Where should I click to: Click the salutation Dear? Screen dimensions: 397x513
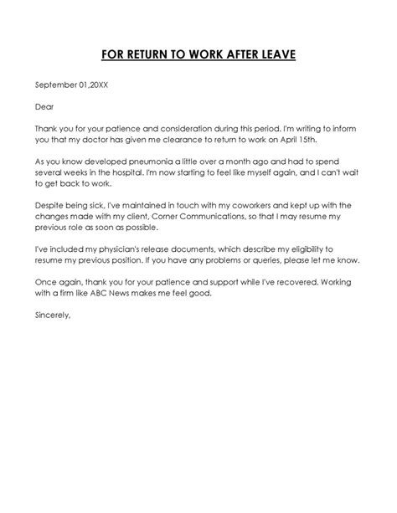click(x=44, y=106)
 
